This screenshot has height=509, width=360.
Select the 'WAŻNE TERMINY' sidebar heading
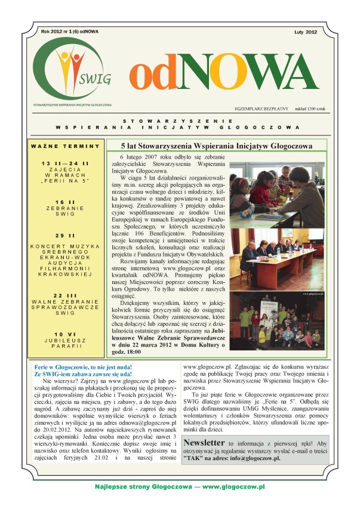point(66,146)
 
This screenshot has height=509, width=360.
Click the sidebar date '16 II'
point(66,203)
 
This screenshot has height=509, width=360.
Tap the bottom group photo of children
point(276,320)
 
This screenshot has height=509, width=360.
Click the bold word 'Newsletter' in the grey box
point(204,443)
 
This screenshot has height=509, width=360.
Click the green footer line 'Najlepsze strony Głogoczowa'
point(180,488)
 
